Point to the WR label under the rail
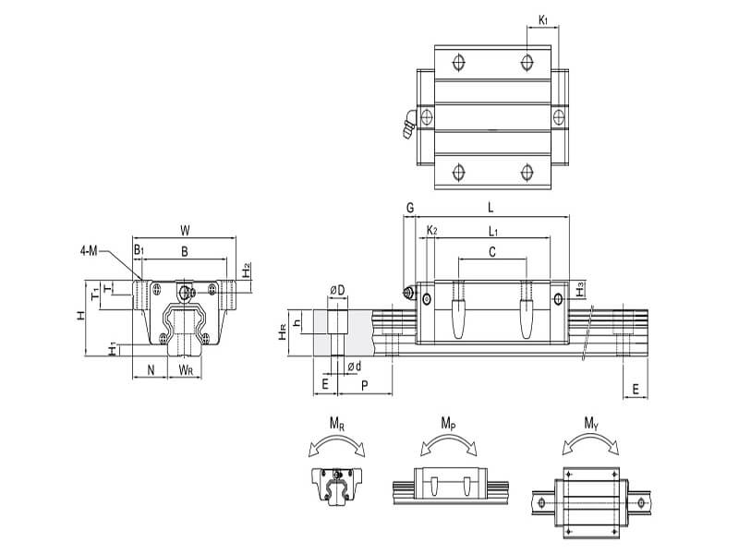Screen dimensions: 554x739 (x=185, y=371)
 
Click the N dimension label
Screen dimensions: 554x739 (x=151, y=371)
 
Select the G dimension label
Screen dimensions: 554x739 (x=409, y=210)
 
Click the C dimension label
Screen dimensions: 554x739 (x=491, y=251)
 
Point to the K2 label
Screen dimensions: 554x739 (x=431, y=230)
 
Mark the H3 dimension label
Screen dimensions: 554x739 (x=579, y=290)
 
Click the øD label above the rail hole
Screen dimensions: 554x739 (x=338, y=291)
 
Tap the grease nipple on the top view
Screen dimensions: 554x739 (x=407, y=126)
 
